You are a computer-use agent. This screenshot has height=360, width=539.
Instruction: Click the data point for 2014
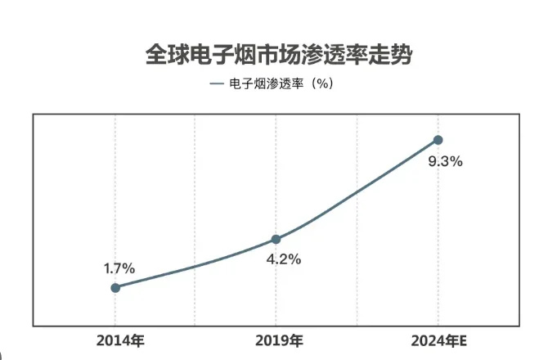tap(115, 287)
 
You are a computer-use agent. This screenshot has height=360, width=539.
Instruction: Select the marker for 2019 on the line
tap(276, 239)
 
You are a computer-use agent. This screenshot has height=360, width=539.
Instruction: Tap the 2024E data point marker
tap(438, 140)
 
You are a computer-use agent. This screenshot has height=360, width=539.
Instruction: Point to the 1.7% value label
tap(119, 268)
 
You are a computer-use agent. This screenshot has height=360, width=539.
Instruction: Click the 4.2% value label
tap(285, 259)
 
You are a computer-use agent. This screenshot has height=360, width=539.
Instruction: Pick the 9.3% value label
tap(446, 161)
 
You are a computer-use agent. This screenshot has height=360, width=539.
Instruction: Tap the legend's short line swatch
tap(216, 83)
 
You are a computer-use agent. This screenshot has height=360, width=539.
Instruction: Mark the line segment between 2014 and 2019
tap(196, 266)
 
